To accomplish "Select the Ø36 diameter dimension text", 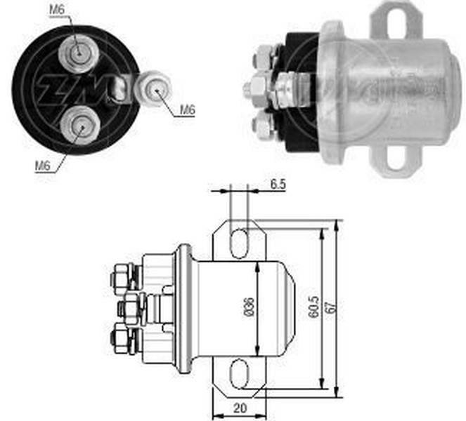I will coord(250,307).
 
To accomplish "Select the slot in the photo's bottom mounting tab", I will coord(397,159).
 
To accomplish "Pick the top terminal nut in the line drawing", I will coord(122,276).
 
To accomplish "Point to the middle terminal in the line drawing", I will coord(132,307).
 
